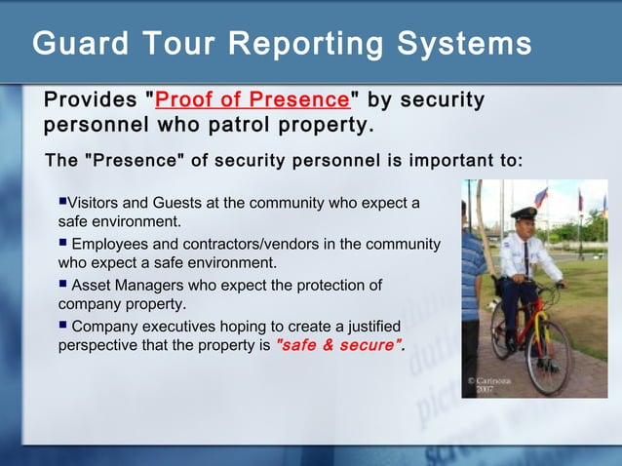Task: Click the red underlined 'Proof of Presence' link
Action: click(x=252, y=100)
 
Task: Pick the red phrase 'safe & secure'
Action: click(x=339, y=345)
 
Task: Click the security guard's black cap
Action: click(x=524, y=213)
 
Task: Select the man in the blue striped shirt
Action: click(x=472, y=283)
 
